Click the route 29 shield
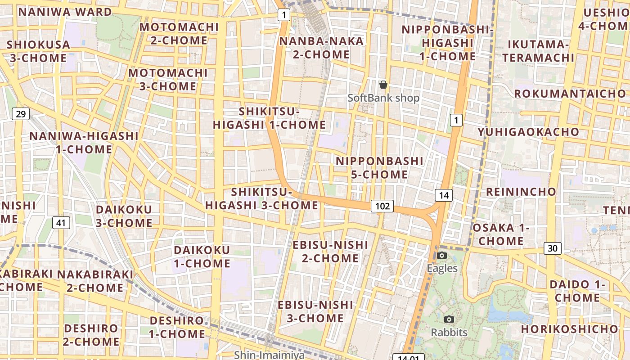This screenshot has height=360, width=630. [x=21, y=114]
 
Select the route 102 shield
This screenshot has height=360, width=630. [x=382, y=206]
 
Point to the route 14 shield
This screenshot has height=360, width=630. [x=443, y=195]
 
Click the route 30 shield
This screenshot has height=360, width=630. [x=553, y=248]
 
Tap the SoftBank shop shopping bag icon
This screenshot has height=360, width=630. [x=383, y=85]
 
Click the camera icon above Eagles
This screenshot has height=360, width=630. [x=442, y=256]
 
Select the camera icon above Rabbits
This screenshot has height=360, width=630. [x=449, y=319]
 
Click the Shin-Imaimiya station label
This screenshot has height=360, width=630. [x=269, y=355]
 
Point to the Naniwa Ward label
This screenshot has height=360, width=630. [x=65, y=12]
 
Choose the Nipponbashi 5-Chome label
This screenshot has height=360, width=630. [x=379, y=168]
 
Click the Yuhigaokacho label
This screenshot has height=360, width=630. [x=528, y=132]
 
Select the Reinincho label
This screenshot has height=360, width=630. [x=521, y=192]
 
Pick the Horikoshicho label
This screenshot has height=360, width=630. [x=569, y=329]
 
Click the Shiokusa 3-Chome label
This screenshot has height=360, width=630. [x=38, y=51]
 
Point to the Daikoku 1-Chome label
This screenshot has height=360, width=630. [x=202, y=256]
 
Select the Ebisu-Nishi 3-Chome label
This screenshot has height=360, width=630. [x=315, y=311]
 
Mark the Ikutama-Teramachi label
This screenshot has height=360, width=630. [x=538, y=51]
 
